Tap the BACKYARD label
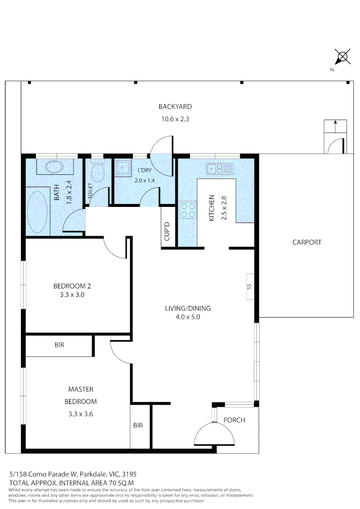pos(175,107)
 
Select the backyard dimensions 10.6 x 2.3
pos(175,119)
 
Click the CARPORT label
pos(307,242)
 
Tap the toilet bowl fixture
pos(98,172)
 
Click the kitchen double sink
pos(220,168)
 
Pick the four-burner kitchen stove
pos(188,210)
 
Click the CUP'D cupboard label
pos(167,232)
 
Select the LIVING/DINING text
pos(188,309)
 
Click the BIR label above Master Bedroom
pos(59,345)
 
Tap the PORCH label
pos(234,420)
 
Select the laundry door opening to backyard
pos(162,146)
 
